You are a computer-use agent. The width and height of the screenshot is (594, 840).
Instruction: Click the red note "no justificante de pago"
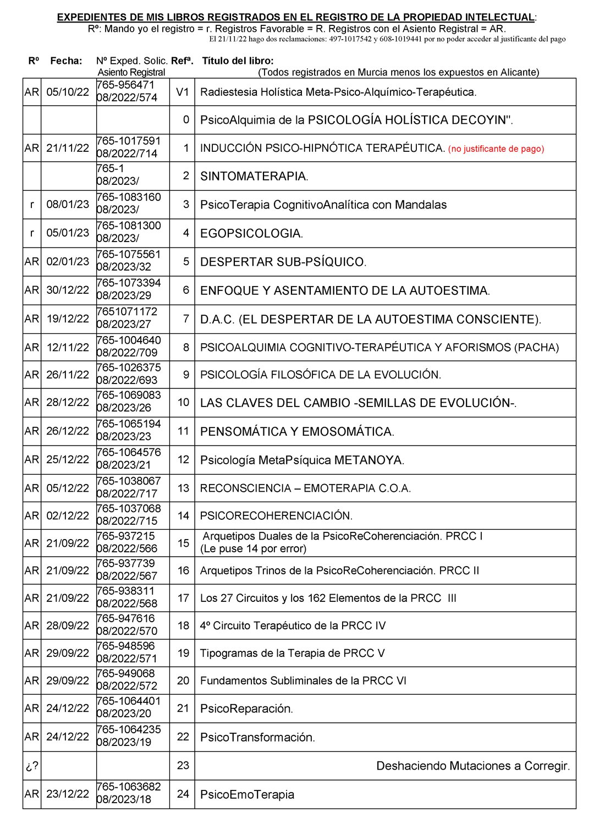496,149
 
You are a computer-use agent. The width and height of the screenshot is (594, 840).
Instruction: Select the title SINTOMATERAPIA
254,177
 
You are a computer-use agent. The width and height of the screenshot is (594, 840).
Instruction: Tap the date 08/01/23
68,205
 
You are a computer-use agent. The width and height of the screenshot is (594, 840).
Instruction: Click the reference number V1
182,92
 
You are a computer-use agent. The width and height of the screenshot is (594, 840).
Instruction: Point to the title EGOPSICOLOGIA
251,233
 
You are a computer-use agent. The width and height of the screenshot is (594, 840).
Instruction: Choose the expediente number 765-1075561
129,255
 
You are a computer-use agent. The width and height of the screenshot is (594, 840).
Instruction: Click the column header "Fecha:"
66,61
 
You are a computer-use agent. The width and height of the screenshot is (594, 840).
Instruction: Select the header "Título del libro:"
238,61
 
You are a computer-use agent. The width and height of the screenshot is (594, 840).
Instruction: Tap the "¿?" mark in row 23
32,766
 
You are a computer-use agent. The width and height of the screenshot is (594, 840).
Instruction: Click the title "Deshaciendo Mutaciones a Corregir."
473,766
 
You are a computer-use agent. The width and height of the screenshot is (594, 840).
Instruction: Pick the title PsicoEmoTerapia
247,794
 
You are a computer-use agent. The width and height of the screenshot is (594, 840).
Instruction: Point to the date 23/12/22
68,794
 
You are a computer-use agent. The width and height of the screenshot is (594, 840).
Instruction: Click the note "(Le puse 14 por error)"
253,548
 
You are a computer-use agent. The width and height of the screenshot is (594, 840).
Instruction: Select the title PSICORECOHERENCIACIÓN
276,516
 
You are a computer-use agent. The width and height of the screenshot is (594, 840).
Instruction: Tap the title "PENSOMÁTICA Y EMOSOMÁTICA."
297,432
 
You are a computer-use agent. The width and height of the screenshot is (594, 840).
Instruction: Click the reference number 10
183,403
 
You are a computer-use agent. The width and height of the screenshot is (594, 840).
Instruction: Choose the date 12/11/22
68,348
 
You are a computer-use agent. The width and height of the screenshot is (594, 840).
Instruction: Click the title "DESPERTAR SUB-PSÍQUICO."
283,262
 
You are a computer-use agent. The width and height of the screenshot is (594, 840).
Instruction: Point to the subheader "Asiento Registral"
131,73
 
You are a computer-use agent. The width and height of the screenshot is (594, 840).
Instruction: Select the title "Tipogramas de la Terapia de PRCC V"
292,654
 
